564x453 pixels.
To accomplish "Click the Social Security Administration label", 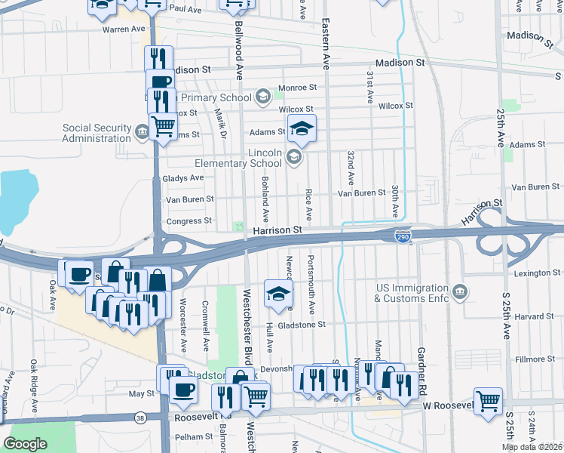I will (x=97, y=133).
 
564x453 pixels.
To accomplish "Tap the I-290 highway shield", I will (x=403, y=238).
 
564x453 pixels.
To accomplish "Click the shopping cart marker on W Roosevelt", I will (x=488, y=402).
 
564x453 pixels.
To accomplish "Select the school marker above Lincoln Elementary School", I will (x=302, y=130).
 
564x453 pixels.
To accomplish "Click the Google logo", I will (x=25, y=444).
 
